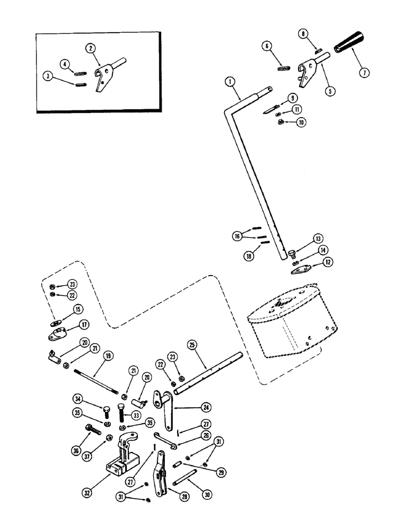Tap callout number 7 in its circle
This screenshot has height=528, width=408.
point(363,73)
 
